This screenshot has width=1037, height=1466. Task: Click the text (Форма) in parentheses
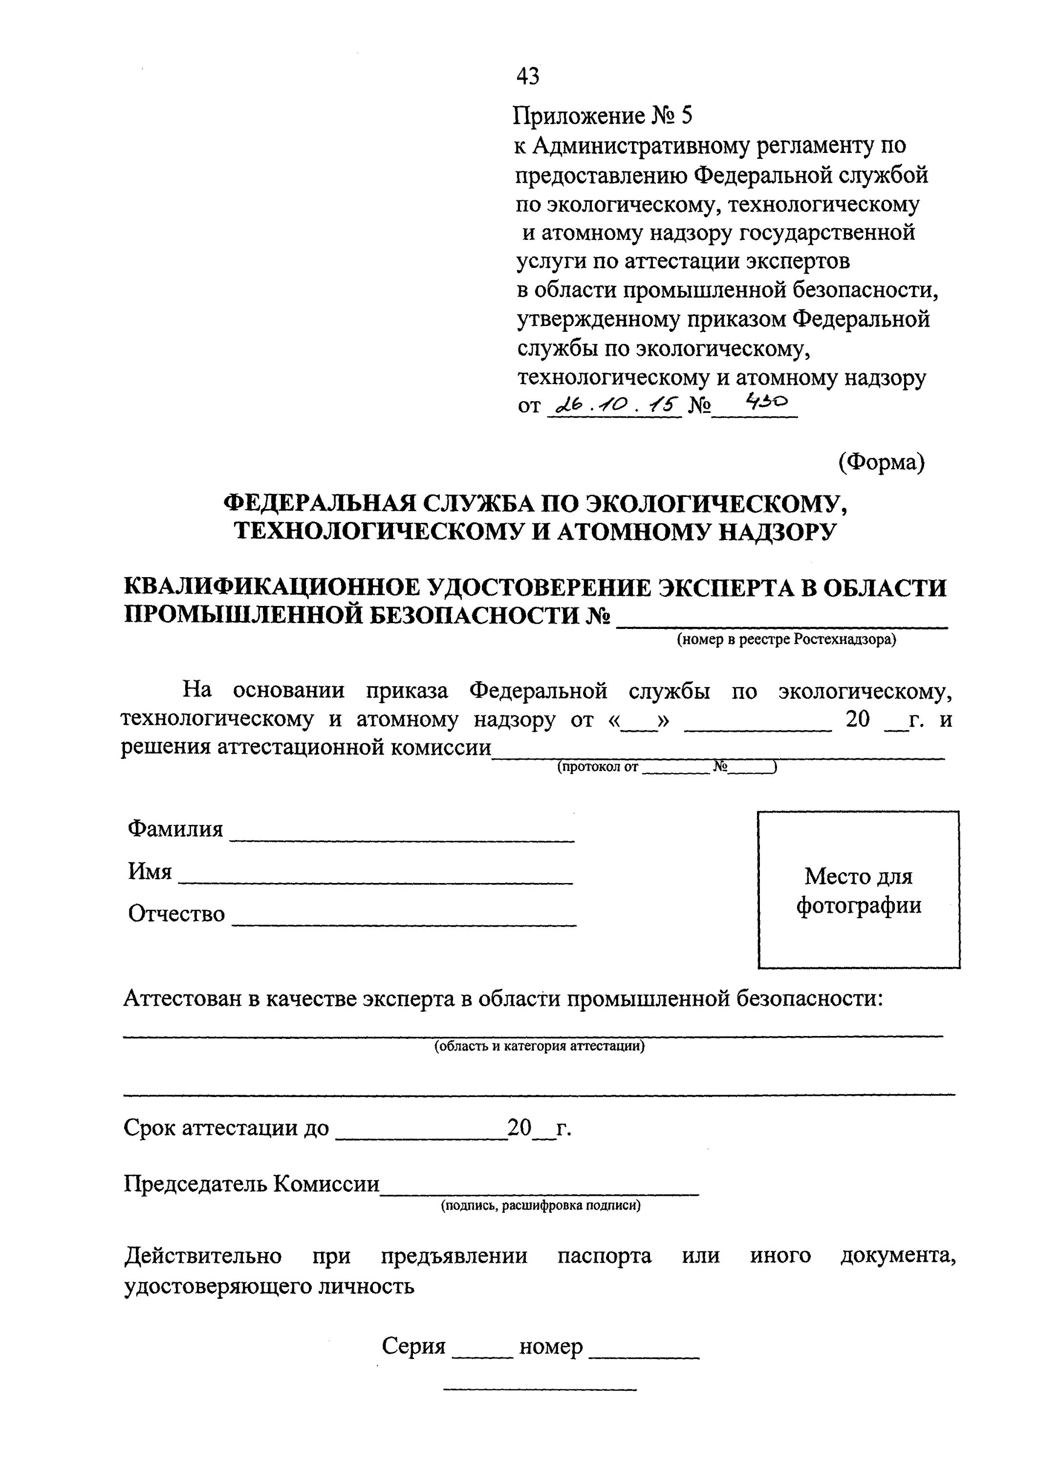coord(881,462)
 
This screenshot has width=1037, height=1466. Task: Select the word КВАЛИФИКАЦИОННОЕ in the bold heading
coord(271,587)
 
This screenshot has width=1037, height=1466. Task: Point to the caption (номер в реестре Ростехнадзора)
coord(787,640)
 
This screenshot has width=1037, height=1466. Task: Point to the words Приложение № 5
coord(604,116)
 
